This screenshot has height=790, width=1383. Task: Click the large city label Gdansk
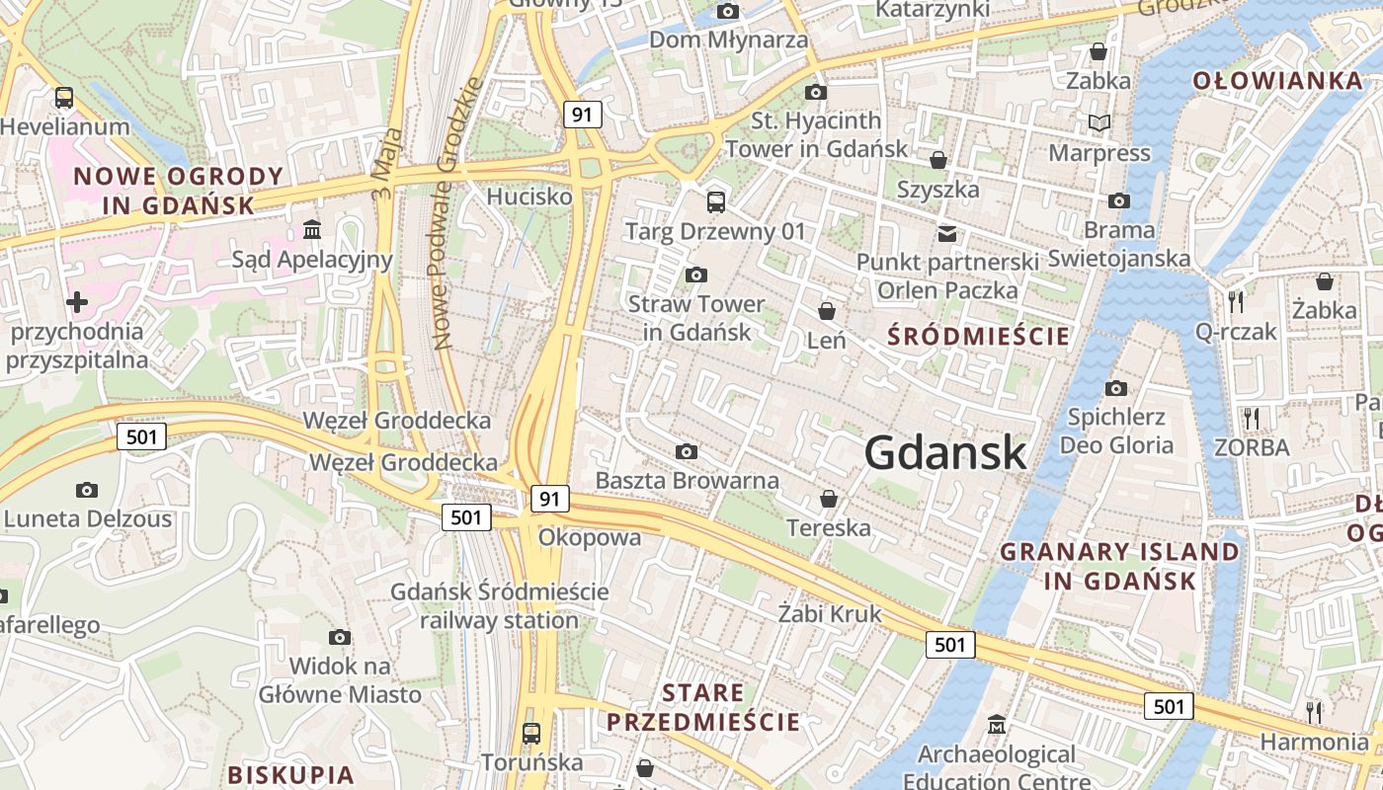click(x=945, y=453)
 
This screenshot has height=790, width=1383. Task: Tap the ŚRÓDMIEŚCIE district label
click(x=978, y=337)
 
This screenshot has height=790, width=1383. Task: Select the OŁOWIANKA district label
click(x=1277, y=81)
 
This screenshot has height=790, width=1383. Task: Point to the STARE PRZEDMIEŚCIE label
click(x=703, y=707)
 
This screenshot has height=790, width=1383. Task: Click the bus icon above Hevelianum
click(x=64, y=97)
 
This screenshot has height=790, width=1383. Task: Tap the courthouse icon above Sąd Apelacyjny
click(x=312, y=230)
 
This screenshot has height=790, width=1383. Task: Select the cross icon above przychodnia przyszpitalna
click(x=77, y=301)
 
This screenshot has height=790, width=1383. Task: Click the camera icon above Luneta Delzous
click(x=87, y=490)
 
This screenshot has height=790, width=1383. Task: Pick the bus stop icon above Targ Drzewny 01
click(x=716, y=202)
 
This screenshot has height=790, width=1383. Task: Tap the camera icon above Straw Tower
click(x=696, y=275)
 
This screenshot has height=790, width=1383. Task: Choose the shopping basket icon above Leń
click(x=827, y=311)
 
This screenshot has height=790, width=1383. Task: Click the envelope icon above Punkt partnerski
click(x=947, y=234)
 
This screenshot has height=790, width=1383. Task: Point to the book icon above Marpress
click(x=1099, y=123)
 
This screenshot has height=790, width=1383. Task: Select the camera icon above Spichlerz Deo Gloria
click(x=1116, y=388)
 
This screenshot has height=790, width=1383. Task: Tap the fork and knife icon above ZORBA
click(x=1252, y=418)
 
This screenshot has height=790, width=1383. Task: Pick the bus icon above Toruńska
click(x=531, y=733)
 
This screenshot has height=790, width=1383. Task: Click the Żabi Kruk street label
click(x=829, y=613)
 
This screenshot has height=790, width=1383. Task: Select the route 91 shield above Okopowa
click(x=550, y=499)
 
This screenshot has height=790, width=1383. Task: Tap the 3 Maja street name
click(x=389, y=163)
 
